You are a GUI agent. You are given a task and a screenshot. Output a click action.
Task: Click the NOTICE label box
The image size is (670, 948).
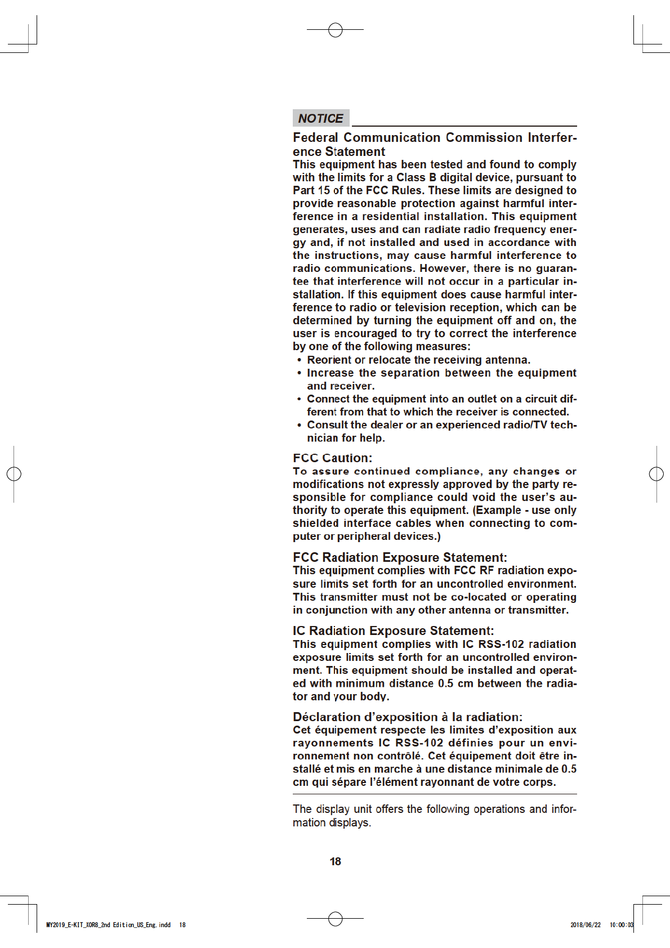(321, 118)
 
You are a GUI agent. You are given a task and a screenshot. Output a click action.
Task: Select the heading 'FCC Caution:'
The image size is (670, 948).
(332, 458)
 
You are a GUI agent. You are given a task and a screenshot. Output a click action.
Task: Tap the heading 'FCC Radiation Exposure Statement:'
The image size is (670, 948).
(400, 557)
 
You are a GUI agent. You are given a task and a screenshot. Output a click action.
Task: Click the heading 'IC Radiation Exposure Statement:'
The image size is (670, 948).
(393, 631)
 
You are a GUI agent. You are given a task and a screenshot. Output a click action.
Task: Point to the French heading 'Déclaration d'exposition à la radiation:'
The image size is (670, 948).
(407, 717)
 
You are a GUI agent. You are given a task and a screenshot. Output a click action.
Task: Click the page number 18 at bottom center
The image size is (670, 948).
(336, 862)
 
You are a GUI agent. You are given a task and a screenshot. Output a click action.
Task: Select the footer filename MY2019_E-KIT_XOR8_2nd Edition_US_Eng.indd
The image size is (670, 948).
(108, 925)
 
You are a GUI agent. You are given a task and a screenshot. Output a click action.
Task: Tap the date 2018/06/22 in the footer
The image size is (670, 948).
(586, 925)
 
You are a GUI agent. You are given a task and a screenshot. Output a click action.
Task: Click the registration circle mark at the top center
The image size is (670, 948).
(336, 30)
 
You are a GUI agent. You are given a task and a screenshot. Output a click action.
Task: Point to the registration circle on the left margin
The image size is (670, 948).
(14, 474)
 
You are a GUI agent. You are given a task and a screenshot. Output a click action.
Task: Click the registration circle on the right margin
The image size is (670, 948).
(656, 474)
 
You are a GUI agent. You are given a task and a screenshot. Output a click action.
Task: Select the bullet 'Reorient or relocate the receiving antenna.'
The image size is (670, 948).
(418, 360)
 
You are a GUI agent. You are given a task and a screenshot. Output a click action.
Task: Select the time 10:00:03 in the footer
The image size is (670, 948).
(622, 925)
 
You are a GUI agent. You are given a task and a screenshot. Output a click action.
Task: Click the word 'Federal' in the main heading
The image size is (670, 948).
(315, 138)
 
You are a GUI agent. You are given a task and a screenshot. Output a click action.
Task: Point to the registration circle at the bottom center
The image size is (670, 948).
(336, 919)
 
